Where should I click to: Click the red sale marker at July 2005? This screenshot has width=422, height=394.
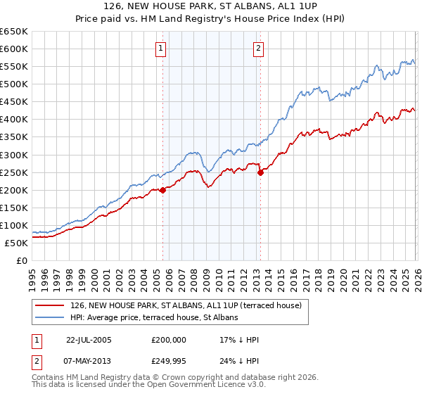click(162, 189)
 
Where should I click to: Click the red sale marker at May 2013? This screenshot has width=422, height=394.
click(260, 172)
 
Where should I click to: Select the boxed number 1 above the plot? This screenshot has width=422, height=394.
click(162, 49)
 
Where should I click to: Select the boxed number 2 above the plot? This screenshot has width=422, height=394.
click(259, 49)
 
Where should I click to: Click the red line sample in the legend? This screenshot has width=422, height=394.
click(50, 305)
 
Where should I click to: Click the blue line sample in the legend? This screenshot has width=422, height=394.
click(50, 317)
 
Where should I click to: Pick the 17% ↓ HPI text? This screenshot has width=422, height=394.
click(239, 340)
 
